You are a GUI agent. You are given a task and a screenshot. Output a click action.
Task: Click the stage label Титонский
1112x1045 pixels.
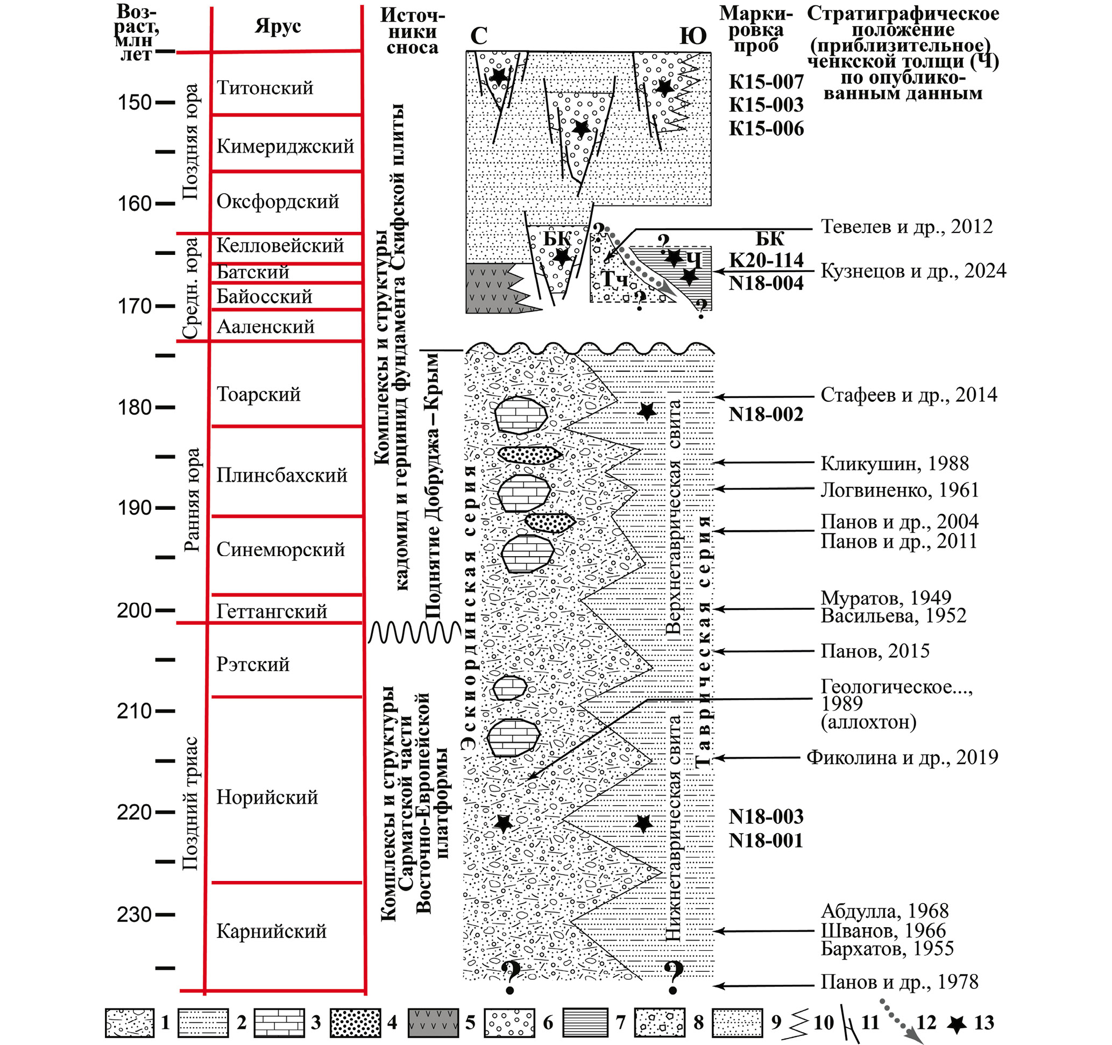265,88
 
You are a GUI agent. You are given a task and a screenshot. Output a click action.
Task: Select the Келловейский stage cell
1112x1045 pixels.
280,245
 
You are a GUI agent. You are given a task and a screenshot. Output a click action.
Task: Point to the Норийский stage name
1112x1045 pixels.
267,797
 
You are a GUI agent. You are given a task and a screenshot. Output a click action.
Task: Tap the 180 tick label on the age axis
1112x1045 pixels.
134,408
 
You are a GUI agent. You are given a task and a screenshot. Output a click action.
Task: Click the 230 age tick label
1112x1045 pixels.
134,915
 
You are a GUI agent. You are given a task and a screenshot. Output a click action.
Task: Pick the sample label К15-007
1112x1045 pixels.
766,82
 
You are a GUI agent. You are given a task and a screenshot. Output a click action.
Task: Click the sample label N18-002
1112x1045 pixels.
766,414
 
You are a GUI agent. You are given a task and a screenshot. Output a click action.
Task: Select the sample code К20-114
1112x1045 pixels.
766,260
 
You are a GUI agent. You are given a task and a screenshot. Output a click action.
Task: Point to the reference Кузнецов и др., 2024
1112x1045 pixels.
913,271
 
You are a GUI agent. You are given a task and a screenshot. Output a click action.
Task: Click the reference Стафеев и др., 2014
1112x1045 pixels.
909,395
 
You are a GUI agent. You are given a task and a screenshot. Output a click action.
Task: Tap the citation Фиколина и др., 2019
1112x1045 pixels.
902,758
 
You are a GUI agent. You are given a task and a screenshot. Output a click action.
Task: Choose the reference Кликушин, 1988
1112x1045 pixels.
895,464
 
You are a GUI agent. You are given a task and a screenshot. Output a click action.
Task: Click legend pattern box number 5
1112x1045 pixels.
433,1023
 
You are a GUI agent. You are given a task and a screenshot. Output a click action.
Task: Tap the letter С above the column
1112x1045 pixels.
479,37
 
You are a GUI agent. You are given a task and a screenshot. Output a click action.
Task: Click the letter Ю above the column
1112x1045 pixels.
693,37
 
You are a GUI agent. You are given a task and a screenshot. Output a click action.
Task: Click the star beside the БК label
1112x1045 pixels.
562,257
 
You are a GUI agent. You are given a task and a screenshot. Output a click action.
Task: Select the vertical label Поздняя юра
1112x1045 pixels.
191,142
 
